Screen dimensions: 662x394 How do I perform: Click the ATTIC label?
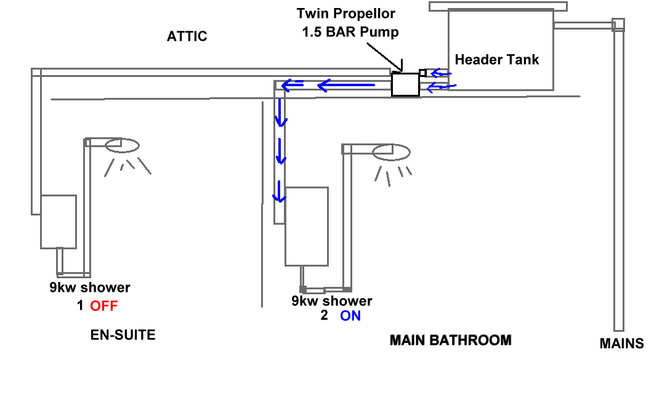pos(187,36)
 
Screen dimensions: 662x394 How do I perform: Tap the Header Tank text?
pos(497,60)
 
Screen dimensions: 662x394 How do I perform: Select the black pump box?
pos(405,84)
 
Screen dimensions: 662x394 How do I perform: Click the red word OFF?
pos(104,305)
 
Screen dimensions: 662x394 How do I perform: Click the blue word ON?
pos(350,316)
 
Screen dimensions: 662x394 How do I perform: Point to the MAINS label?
pos(622,344)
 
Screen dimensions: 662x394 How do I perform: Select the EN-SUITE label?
pos(123,335)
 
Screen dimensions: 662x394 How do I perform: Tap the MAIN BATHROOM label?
pos(451,340)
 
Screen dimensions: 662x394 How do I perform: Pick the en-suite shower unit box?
pos(59,222)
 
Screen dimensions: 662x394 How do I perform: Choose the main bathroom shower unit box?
pos(307,227)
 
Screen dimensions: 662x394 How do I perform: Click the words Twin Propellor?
pos(345,14)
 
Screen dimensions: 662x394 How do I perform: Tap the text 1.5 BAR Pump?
pos(350,32)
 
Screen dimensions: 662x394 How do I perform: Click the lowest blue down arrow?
pos(279,191)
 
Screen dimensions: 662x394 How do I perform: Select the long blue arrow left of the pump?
pos(346,86)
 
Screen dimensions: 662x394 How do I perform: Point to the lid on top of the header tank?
pos(498,6)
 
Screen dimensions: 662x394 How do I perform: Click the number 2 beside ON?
pos(325,315)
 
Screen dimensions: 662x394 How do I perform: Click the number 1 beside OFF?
pos(80,305)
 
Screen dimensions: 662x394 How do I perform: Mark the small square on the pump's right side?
pos(422,73)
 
